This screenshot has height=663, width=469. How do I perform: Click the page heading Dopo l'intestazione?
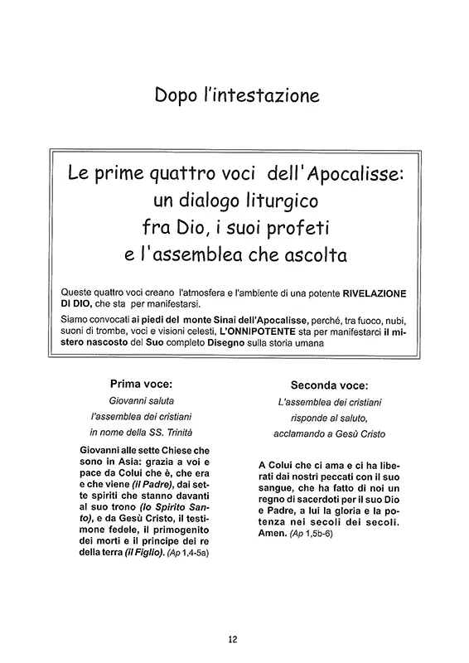point(234,98)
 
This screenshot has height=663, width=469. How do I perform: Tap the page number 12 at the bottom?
point(234,638)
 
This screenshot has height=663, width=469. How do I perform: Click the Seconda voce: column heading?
point(329,385)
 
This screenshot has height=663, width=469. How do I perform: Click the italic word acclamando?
point(302,433)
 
